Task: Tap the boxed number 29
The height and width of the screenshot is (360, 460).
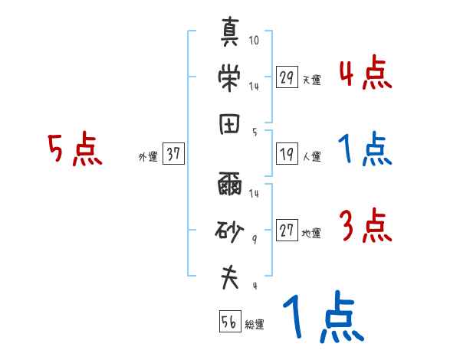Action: pyautogui.click(x=287, y=77)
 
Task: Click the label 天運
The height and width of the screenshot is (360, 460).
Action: pyautogui.click(x=311, y=80)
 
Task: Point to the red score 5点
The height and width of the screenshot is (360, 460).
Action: pyautogui.click(x=74, y=149)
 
